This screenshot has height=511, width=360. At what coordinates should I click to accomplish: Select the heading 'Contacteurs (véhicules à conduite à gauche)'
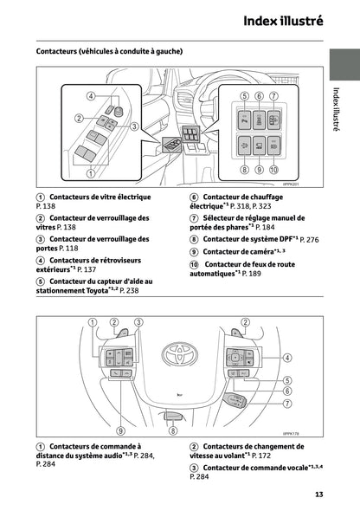(109, 51)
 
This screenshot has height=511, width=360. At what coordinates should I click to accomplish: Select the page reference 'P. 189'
(253, 273)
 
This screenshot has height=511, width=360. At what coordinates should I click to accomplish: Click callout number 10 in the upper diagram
(274, 171)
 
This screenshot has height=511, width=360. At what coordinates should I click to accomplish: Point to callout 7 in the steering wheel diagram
(286, 404)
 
